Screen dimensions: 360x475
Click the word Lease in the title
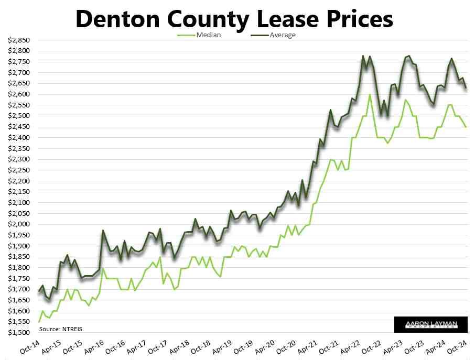click(x=293, y=19)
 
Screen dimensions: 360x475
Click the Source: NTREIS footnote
click(x=61, y=329)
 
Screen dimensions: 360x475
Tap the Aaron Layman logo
click(x=430, y=325)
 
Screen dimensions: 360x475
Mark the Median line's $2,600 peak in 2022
click(x=370, y=95)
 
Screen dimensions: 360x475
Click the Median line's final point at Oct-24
click(x=466, y=127)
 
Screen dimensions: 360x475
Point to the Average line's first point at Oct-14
click(x=39, y=291)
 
